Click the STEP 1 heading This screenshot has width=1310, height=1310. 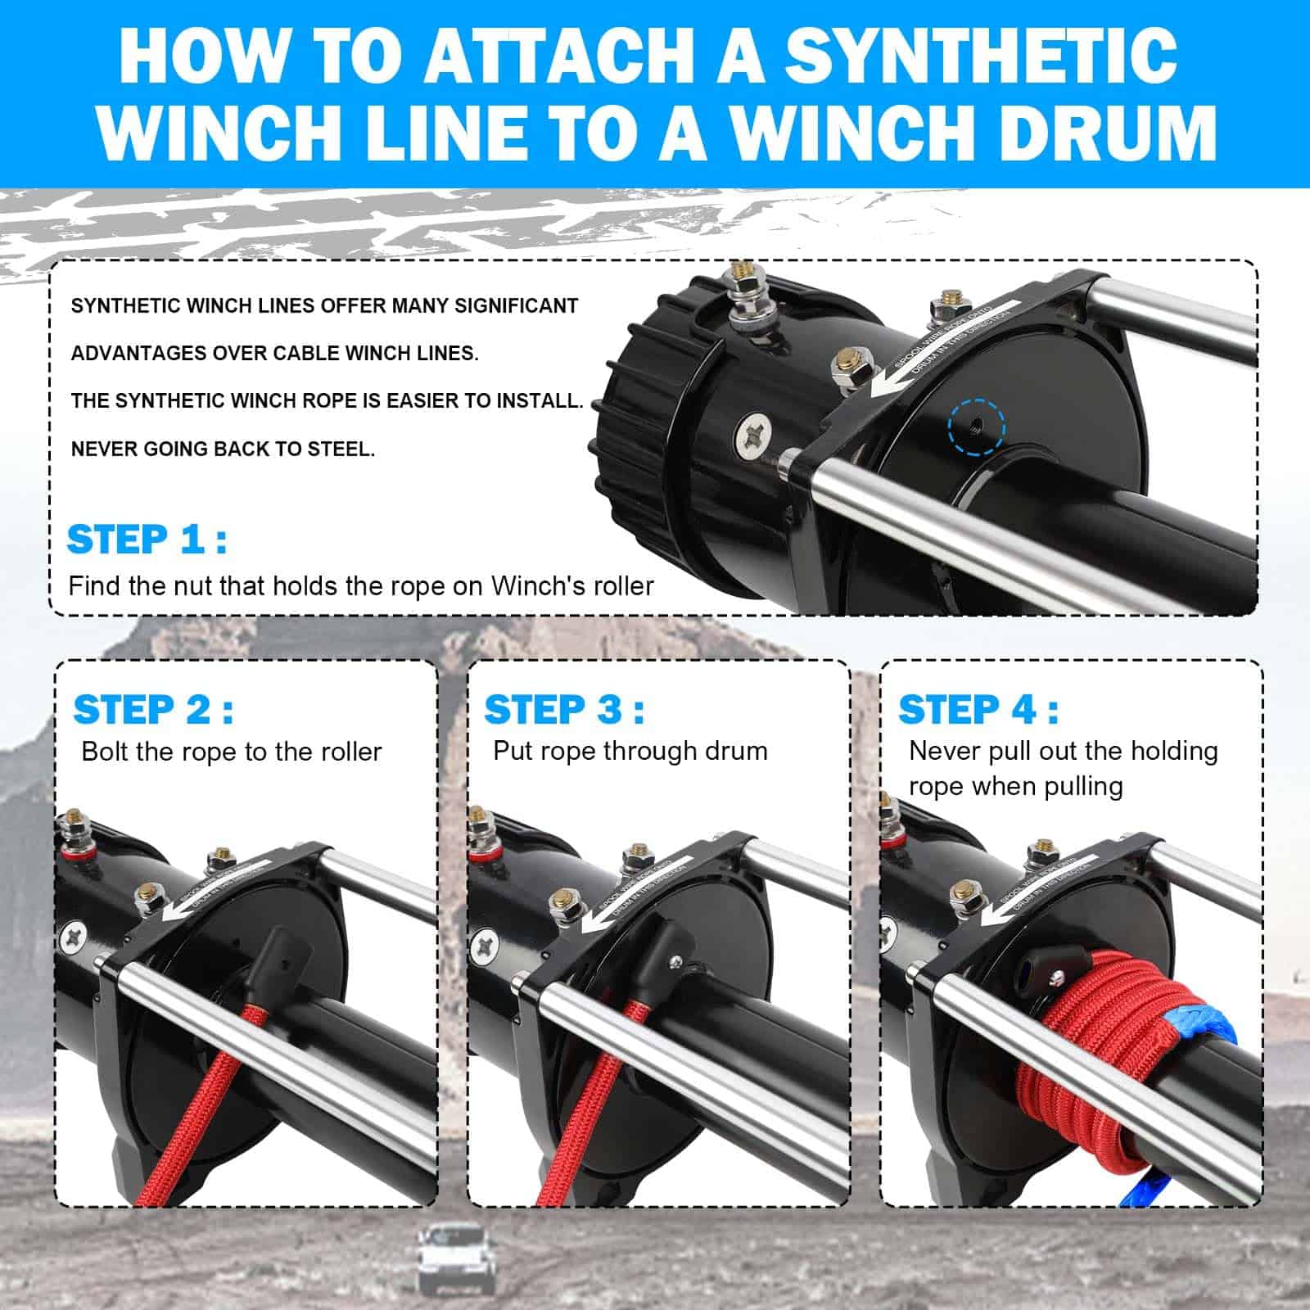146,540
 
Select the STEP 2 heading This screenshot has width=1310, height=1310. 152,709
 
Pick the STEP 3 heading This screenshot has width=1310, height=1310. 563,709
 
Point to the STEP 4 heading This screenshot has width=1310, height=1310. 978,709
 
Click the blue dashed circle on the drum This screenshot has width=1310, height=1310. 976,427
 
